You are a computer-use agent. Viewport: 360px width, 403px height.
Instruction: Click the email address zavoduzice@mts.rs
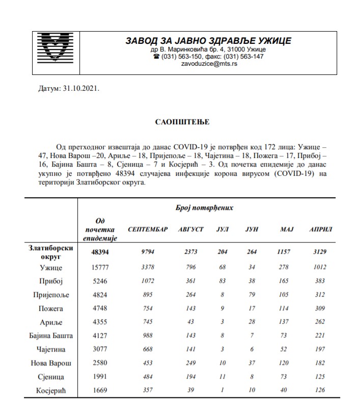click(x=208, y=65)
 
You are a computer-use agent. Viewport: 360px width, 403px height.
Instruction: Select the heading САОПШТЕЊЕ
click(x=182, y=122)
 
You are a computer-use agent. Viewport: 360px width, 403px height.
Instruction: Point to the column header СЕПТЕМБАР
click(x=148, y=229)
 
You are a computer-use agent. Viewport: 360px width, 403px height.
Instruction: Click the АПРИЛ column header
click(x=321, y=229)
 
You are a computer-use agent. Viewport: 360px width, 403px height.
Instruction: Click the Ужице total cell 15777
click(x=100, y=267)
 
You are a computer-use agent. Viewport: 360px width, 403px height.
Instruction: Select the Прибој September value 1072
click(x=148, y=281)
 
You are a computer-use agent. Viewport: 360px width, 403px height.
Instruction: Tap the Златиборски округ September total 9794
click(x=148, y=252)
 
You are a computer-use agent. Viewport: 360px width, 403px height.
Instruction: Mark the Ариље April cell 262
click(x=321, y=322)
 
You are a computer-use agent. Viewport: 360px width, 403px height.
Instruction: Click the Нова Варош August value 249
click(x=190, y=363)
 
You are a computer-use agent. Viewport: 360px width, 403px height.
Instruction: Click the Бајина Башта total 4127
click(x=100, y=336)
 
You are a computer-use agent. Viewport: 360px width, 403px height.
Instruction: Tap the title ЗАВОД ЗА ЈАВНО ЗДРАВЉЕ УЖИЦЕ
click(x=208, y=41)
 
